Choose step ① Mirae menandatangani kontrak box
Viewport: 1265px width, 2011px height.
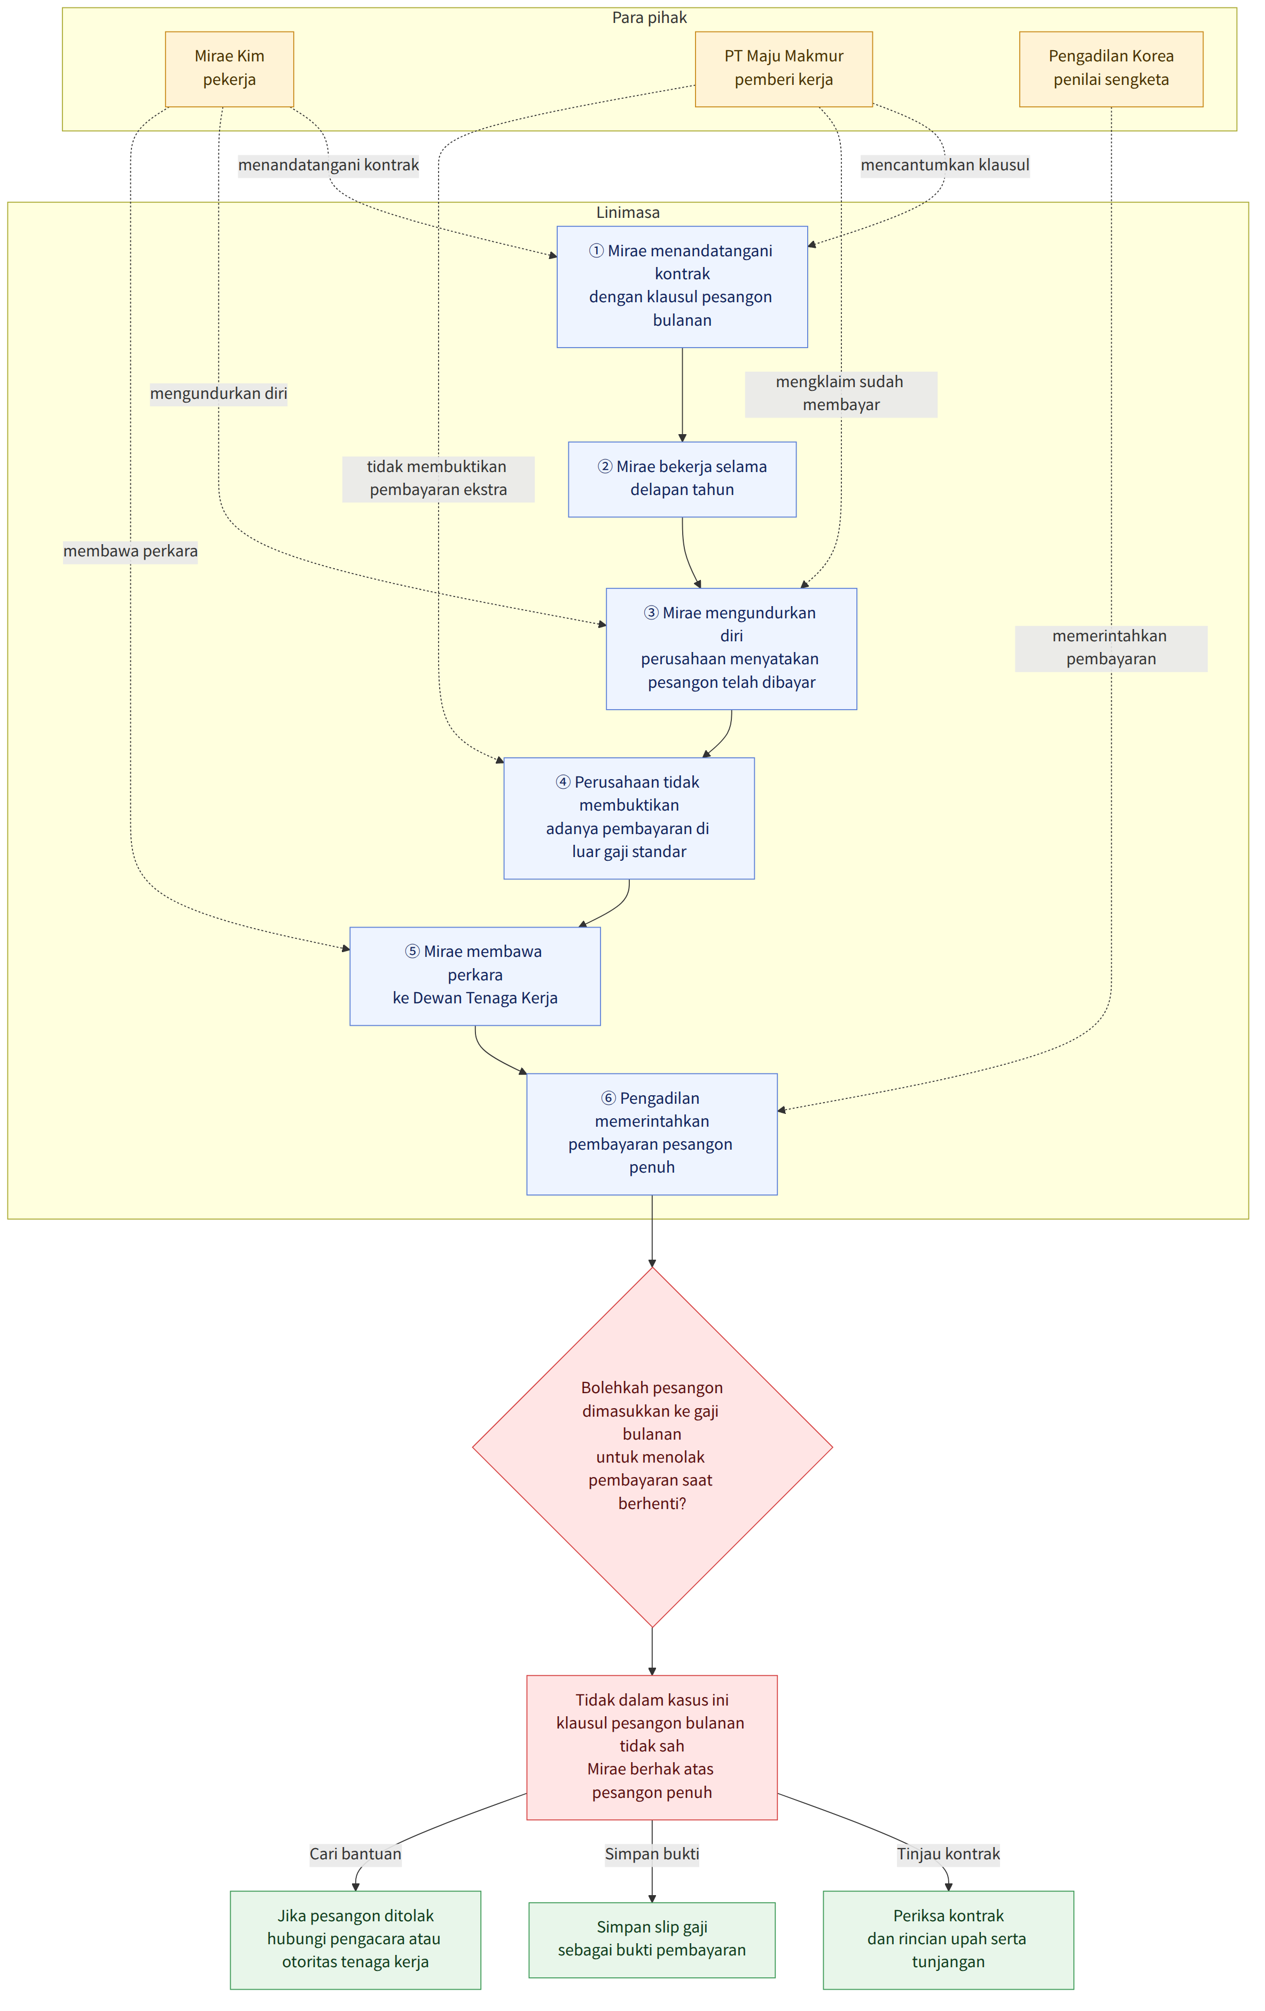[x=682, y=286]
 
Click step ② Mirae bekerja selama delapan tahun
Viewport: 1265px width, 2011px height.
[x=682, y=480]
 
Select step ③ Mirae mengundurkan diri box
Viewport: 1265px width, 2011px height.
[x=731, y=649]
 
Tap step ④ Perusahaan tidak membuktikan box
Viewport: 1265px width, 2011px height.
[x=628, y=819]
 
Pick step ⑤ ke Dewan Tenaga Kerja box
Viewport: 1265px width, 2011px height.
[x=474, y=976]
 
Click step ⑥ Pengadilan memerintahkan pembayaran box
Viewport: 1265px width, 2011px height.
[x=652, y=1134]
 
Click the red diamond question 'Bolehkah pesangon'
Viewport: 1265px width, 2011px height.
[x=652, y=1447]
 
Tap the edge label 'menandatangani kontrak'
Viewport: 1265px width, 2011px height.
[x=329, y=166]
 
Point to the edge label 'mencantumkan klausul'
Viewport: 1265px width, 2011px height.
[x=945, y=166]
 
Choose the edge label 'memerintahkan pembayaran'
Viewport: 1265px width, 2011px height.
[x=1111, y=648]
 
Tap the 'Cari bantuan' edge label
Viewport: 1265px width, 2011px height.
[x=355, y=1854]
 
